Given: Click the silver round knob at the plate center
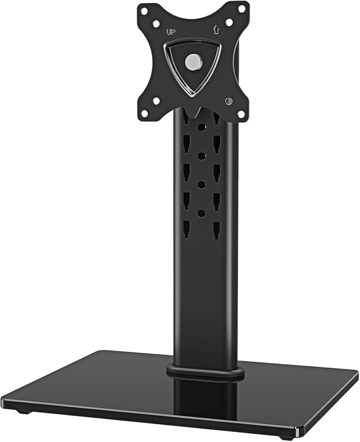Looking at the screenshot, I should click(192, 62).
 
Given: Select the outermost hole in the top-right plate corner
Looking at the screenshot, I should click(241, 8).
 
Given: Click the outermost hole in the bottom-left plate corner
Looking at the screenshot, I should click(144, 113).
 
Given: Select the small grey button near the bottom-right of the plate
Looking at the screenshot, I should click(228, 101).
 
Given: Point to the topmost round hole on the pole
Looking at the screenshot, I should click(201, 127).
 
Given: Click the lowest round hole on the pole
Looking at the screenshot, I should click(201, 213).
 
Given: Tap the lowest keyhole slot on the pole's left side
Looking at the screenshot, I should click(186, 229).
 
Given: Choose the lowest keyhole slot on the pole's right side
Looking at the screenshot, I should click(216, 230).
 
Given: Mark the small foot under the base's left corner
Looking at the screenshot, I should click(22, 412).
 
